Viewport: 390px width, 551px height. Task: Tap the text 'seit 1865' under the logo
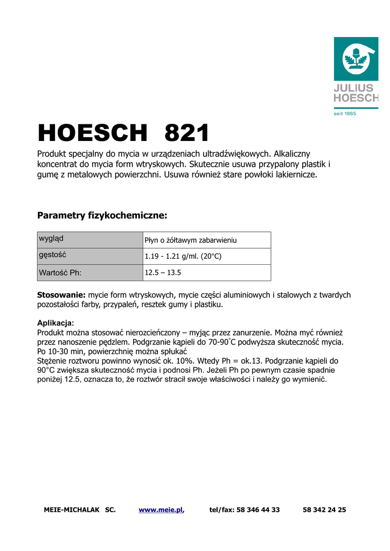pyautogui.click(x=345, y=113)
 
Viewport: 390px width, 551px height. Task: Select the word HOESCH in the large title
pyautogui.click(x=92, y=132)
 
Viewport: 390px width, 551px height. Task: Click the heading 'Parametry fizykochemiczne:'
pyautogui.click(x=102, y=216)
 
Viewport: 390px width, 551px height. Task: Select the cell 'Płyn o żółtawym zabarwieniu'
pyautogui.click(x=191, y=241)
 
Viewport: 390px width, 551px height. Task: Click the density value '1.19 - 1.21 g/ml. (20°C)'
pyautogui.click(x=183, y=257)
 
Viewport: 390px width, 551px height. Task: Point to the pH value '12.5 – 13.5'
pyautogui.click(x=163, y=273)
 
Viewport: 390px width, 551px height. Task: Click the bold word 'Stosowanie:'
pyautogui.click(x=61, y=295)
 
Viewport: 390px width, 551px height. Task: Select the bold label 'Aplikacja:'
pyautogui.click(x=55, y=323)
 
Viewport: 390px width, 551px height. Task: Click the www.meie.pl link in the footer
pyautogui.click(x=161, y=510)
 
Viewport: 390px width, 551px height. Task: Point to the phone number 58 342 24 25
pyautogui.click(x=324, y=510)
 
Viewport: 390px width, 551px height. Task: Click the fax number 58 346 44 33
pyautogui.click(x=258, y=510)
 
